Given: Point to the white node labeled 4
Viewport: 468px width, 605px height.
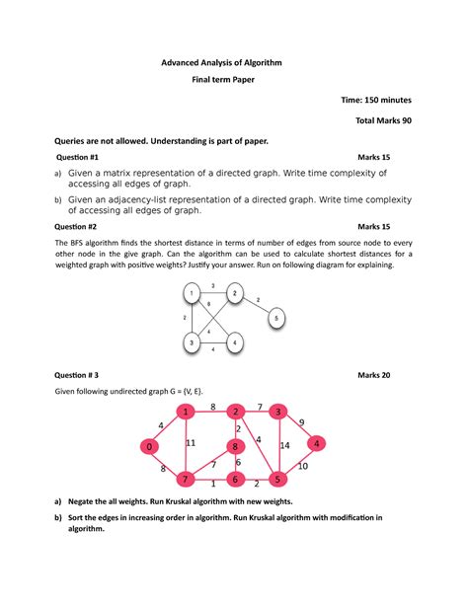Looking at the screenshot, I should click(234, 342).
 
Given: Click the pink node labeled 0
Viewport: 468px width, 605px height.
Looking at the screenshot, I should click(149, 447).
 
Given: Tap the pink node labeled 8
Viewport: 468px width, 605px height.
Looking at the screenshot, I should click(235, 447).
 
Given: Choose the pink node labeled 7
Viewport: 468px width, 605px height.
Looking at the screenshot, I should click(185, 480).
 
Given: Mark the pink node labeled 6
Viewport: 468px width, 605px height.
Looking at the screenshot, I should click(235, 480).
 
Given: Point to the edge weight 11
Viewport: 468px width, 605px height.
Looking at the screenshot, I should click(191, 443).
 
